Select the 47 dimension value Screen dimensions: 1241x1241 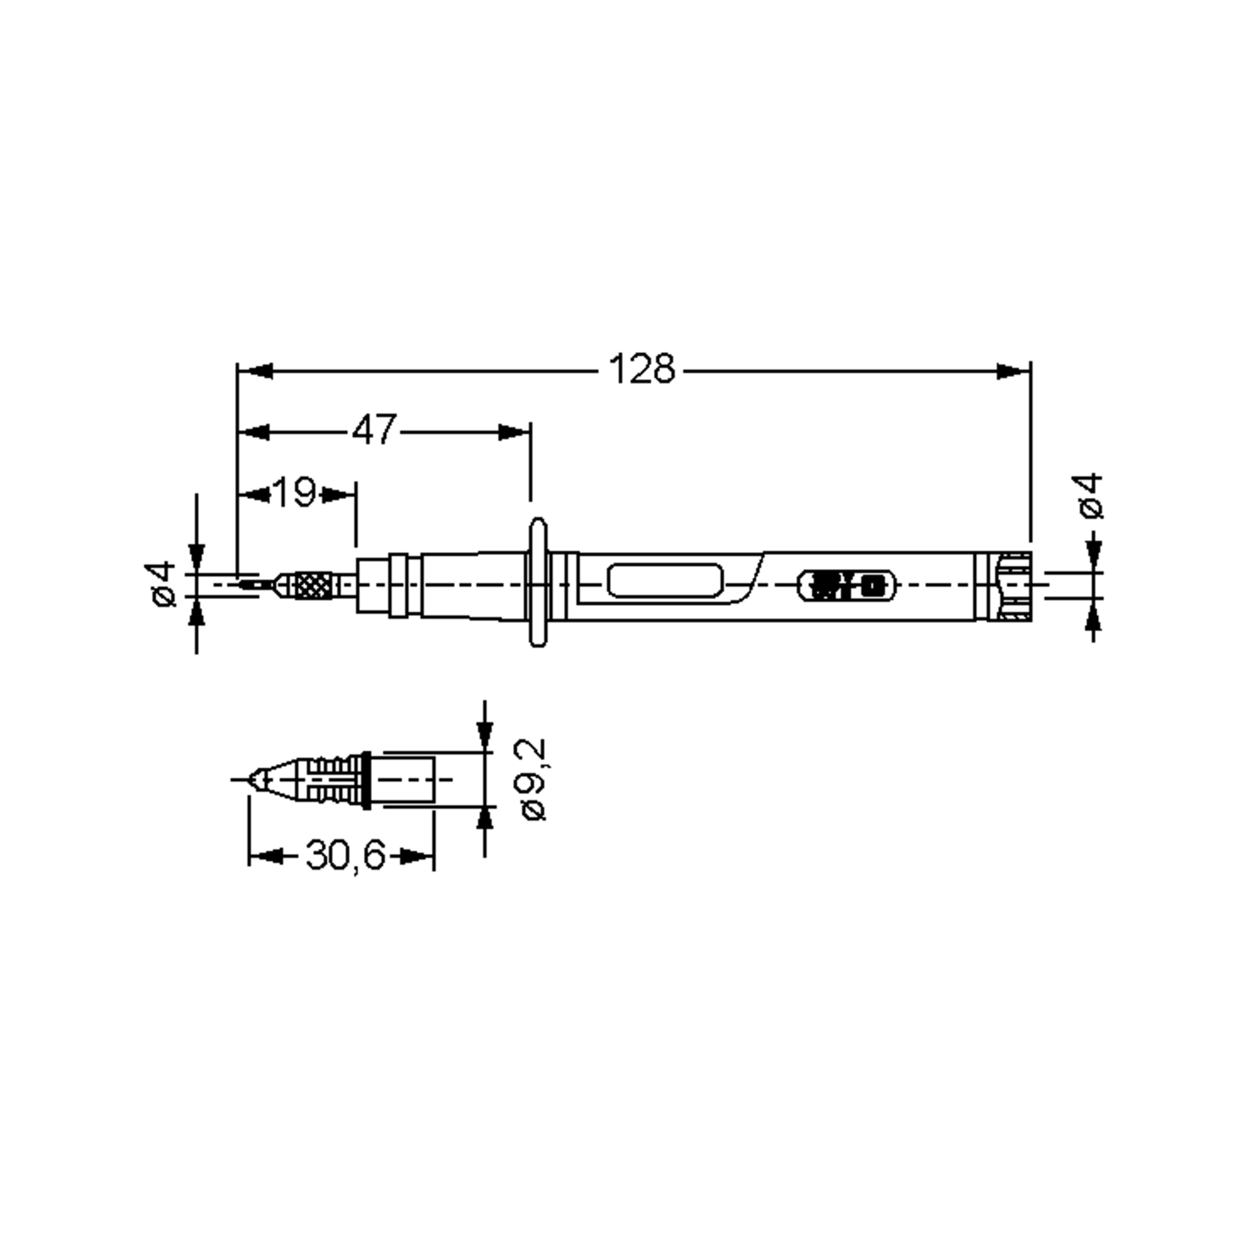click(x=374, y=430)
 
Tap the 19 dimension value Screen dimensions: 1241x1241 click(x=295, y=493)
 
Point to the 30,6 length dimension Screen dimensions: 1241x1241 click(x=345, y=856)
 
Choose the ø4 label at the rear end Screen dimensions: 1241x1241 click(x=1091, y=496)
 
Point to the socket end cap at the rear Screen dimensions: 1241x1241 click(x=1015, y=586)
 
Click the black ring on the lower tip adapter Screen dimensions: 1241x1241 click(x=366, y=780)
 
